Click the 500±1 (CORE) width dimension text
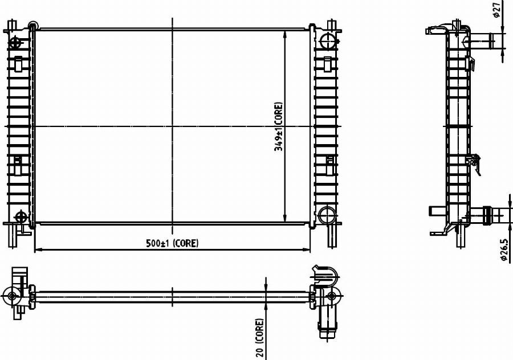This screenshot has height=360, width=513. point(172,243)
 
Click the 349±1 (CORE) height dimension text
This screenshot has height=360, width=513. point(278,126)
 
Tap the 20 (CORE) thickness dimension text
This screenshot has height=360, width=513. point(260,338)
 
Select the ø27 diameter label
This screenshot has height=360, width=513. point(497,10)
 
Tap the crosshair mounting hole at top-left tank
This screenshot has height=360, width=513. point(15,43)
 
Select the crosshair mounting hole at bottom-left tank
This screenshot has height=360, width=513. point(21,216)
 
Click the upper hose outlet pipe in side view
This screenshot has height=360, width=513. point(481,41)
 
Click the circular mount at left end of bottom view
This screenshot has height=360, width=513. point(12,296)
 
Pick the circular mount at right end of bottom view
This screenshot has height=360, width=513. point(331,296)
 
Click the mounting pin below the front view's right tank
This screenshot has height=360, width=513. point(331,235)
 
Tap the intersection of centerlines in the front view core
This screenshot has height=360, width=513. point(172,126)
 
